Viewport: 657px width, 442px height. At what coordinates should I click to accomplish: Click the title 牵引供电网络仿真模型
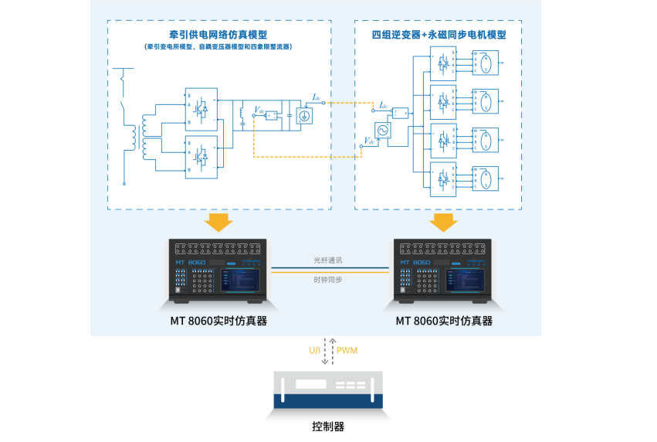tap(218, 36)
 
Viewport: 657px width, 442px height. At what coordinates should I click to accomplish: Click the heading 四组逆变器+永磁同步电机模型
tap(439, 36)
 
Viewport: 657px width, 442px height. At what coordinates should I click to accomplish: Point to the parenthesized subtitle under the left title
tap(218, 47)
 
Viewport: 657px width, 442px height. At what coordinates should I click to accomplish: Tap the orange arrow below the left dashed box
tap(218, 222)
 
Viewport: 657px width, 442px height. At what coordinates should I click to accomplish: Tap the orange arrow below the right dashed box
tap(443, 222)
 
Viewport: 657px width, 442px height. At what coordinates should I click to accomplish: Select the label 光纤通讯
tap(328, 260)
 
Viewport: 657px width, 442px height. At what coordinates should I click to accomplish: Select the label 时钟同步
tap(328, 279)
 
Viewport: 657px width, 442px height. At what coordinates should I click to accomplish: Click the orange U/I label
tap(315, 350)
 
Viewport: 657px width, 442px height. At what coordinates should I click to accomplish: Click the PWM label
tap(347, 350)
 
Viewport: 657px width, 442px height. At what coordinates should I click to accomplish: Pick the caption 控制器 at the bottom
tap(328, 426)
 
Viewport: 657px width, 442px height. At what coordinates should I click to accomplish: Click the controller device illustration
tap(328, 390)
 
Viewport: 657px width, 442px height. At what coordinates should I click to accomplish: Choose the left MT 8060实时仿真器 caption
tap(218, 320)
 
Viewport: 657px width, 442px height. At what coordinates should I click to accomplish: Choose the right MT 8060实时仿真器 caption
tap(444, 320)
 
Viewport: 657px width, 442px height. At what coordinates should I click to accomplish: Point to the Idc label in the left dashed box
tap(317, 97)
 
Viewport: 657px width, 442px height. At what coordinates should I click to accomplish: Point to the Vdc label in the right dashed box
tap(369, 141)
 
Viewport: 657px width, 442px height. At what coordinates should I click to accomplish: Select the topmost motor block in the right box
tap(485, 62)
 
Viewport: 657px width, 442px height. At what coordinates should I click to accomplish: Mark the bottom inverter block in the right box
tap(443, 178)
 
